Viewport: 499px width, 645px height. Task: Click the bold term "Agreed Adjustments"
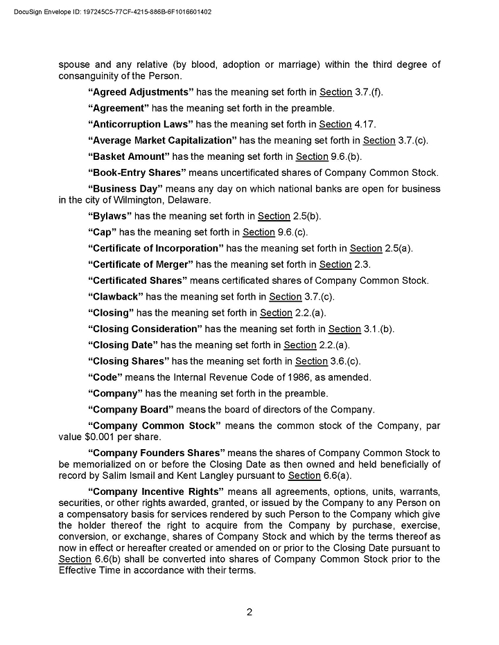pos(141,92)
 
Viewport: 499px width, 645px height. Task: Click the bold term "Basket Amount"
pos(129,156)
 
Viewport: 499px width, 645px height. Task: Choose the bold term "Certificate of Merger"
pos(141,264)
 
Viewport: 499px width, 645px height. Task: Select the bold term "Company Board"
pos(131,409)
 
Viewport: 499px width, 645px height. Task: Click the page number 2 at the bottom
pos(249,612)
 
